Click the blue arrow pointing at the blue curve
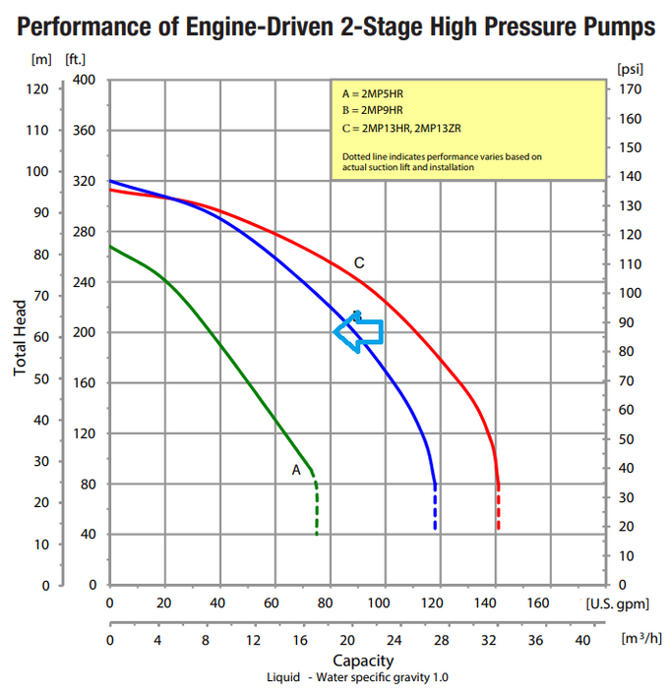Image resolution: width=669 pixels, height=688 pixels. click(x=358, y=330)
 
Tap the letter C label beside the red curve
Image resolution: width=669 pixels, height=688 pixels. click(x=360, y=262)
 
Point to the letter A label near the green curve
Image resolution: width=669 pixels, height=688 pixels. click(x=296, y=470)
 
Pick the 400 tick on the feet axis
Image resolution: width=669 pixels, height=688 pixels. click(x=84, y=80)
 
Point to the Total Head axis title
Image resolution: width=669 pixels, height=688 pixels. click(x=22, y=333)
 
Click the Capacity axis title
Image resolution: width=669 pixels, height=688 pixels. click(x=363, y=660)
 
